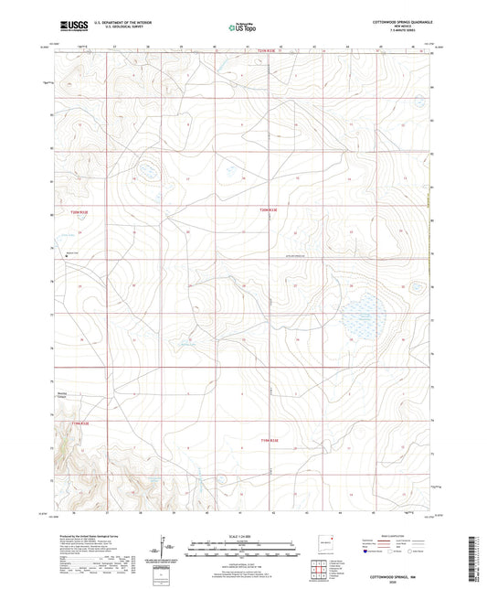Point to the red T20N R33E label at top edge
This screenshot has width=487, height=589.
(264, 51)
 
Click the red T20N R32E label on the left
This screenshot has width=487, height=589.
(80, 212)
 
